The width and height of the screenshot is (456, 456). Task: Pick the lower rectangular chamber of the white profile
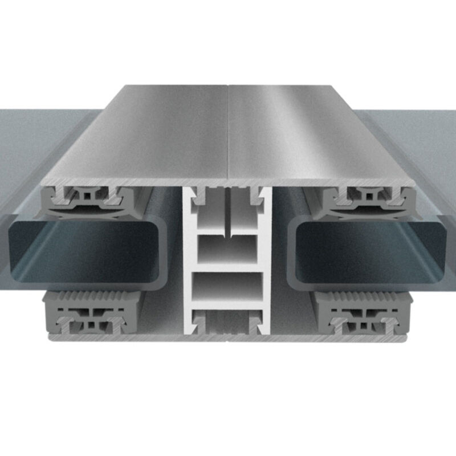[x=228, y=288]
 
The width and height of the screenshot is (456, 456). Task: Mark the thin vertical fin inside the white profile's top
[x=228, y=214]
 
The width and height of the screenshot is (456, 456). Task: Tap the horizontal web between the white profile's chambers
[x=228, y=268]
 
